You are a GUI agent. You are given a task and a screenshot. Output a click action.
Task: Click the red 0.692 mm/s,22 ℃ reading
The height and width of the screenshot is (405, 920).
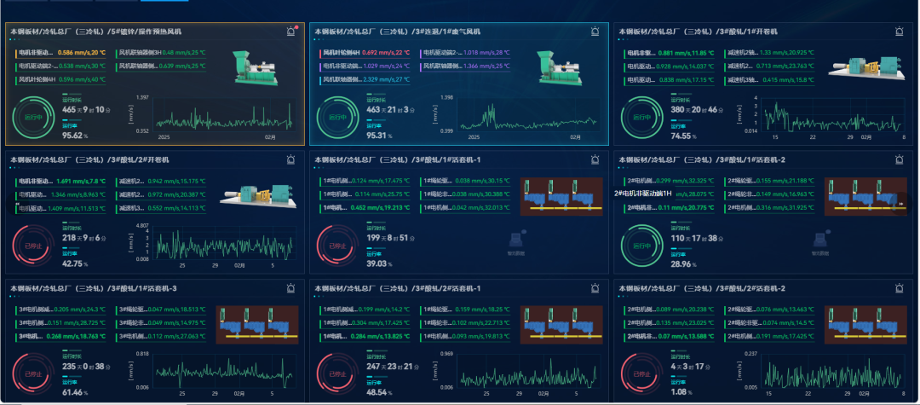click(x=386, y=53)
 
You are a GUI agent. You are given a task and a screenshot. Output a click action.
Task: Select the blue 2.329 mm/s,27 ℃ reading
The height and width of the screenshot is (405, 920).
click(x=386, y=80)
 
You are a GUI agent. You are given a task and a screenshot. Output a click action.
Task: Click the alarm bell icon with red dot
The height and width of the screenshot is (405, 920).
click(x=292, y=32)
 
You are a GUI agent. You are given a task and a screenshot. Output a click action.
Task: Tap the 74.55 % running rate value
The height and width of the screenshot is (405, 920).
click(x=683, y=135)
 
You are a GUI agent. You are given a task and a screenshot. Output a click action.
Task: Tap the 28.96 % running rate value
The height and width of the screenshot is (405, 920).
click(x=683, y=263)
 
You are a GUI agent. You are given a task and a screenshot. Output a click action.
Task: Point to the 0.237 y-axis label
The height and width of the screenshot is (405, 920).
click(x=750, y=353)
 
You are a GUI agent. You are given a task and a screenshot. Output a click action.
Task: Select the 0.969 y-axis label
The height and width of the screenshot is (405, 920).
click(x=446, y=353)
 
